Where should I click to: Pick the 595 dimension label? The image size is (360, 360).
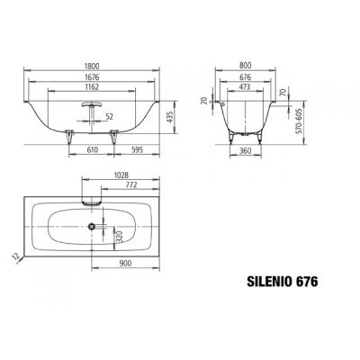132,149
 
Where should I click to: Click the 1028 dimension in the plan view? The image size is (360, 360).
126,173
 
